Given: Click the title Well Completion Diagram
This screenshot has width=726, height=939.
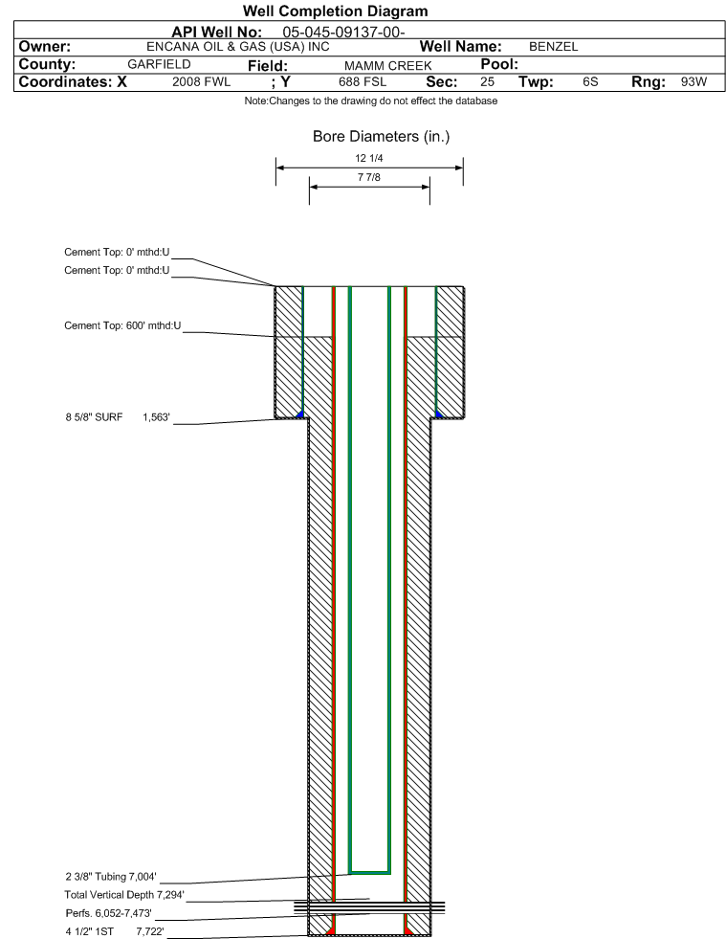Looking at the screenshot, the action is [335, 11].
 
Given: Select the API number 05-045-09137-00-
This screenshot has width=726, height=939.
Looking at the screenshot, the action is [343, 33].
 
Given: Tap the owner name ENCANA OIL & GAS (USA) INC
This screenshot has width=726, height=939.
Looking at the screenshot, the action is [237, 47].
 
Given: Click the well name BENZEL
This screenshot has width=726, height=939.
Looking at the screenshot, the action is [553, 47].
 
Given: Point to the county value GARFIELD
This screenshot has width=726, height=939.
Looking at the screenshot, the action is [159, 65].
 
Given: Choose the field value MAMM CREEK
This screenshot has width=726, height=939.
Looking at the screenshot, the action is [387, 65].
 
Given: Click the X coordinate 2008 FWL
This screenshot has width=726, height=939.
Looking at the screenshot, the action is [201, 82].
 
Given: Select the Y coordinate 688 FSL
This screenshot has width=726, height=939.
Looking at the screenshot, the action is [363, 82].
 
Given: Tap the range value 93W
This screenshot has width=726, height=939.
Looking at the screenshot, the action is [693, 82].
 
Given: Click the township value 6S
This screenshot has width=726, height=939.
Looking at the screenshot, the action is [590, 82].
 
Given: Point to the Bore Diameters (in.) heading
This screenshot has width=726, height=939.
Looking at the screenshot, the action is [382, 137].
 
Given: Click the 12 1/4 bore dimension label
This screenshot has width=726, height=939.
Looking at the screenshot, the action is [368, 158].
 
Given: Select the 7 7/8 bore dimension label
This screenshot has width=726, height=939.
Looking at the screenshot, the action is [368, 177].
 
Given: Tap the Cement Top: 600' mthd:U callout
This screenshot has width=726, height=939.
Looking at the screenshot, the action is [122, 325].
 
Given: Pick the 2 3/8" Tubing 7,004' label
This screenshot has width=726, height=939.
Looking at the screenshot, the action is [111, 877].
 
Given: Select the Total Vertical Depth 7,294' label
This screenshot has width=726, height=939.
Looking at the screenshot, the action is [124, 895].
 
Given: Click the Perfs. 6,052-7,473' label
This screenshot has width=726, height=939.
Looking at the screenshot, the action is [108, 913].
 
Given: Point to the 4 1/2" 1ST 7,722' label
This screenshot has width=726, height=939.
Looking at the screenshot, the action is [115, 931].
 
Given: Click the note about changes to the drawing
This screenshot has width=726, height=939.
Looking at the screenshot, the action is [371, 101].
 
